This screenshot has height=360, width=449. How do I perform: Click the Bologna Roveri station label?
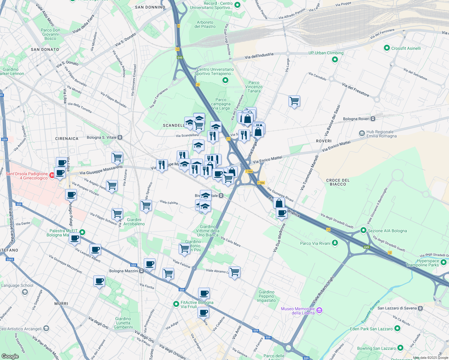(x=356, y=119)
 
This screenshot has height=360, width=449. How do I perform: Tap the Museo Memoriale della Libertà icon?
(x=319, y=310)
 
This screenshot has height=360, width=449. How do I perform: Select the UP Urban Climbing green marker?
(x=335, y=60)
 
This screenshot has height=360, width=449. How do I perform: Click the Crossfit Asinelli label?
(x=406, y=48)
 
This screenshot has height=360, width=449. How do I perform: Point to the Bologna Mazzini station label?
(x=124, y=271)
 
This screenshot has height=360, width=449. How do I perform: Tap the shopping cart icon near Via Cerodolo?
(x=294, y=101)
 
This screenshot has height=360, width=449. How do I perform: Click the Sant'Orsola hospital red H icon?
(x=52, y=175)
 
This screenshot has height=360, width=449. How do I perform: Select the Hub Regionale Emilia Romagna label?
(x=381, y=134)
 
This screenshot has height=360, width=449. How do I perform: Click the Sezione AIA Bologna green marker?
(x=363, y=230)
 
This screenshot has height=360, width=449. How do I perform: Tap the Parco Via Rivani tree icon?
(x=335, y=243)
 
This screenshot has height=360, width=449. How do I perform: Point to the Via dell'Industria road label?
(x=259, y=56)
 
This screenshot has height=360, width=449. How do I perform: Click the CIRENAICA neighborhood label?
(x=67, y=139)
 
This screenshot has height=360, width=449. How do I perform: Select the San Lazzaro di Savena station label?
(x=397, y=308)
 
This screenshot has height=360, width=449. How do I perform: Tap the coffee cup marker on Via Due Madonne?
(x=282, y=213)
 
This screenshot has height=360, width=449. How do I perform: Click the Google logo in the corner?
(x=10, y=356)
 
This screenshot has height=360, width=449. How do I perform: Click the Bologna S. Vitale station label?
(x=101, y=137)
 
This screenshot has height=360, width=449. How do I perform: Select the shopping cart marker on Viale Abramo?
(x=234, y=272)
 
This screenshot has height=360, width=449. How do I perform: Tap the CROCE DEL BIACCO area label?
(x=338, y=182)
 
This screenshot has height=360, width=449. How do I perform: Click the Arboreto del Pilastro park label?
(x=205, y=24)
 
